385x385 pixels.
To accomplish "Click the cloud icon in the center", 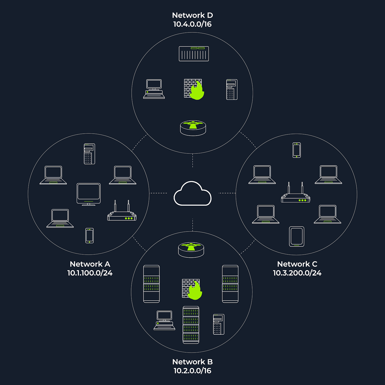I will pyautogui.click(x=193, y=194).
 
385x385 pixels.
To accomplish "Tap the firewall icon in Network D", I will pyautogui.click(x=193, y=89).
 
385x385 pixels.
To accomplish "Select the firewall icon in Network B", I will pyautogui.click(x=192, y=289).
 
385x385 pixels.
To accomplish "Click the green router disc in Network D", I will pyautogui.click(x=193, y=127).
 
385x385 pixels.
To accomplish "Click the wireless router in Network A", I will pyautogui.click(x=122, y=213).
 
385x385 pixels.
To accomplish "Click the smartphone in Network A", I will pyautogui.click(x=90, y=235).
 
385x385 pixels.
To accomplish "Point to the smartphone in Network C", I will pyautogui.click(x=297, y=150).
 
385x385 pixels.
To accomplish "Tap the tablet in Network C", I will pyautogui.click(x=296, y=236).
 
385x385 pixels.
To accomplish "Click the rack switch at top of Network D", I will pyautogui.click(x=194, y=54).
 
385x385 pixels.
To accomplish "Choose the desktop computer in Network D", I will pyautogui.click(x=154, y=89).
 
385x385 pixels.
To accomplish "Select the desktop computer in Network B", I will pyautogui.click(x=164, y=320).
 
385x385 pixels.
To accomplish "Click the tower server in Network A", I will pyautogui.click(x=90, y=154).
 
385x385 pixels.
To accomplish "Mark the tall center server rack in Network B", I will pyautogui.click(x=191, y=325).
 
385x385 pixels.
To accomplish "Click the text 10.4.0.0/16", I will pyautogui.click(x=193, y=24).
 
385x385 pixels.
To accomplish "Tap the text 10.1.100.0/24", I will pyautogui.click(x=90, y=273).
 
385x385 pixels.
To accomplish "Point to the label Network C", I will pyautogui.click(x=297, y=264).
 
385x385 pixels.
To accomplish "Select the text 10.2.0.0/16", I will pyautogui.click(x=193, y=371).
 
